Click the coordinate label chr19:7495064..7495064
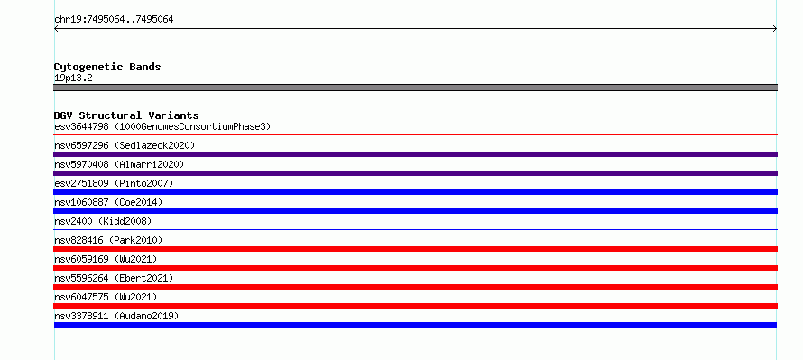coord(114,20)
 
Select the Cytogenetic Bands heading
coord(107,67)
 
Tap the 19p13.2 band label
coord(73,78)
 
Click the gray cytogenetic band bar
coord(415,88)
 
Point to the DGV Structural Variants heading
coord(126,115)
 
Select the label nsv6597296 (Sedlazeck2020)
coord(125,145)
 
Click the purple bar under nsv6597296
coord(415,154)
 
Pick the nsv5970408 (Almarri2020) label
coord(119,164)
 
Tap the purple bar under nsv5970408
coord(415,173)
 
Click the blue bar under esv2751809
coord(415,192)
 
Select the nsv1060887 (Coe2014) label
coord(108,202)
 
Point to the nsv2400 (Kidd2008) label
coord(103,221)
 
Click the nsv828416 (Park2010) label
coord(108,240)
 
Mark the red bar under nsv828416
coord(415,249)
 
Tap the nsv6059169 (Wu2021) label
coord(106,259)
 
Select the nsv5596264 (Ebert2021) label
coord(114,278)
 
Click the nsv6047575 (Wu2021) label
coord(106,297)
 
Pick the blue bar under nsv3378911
coord(415,325)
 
